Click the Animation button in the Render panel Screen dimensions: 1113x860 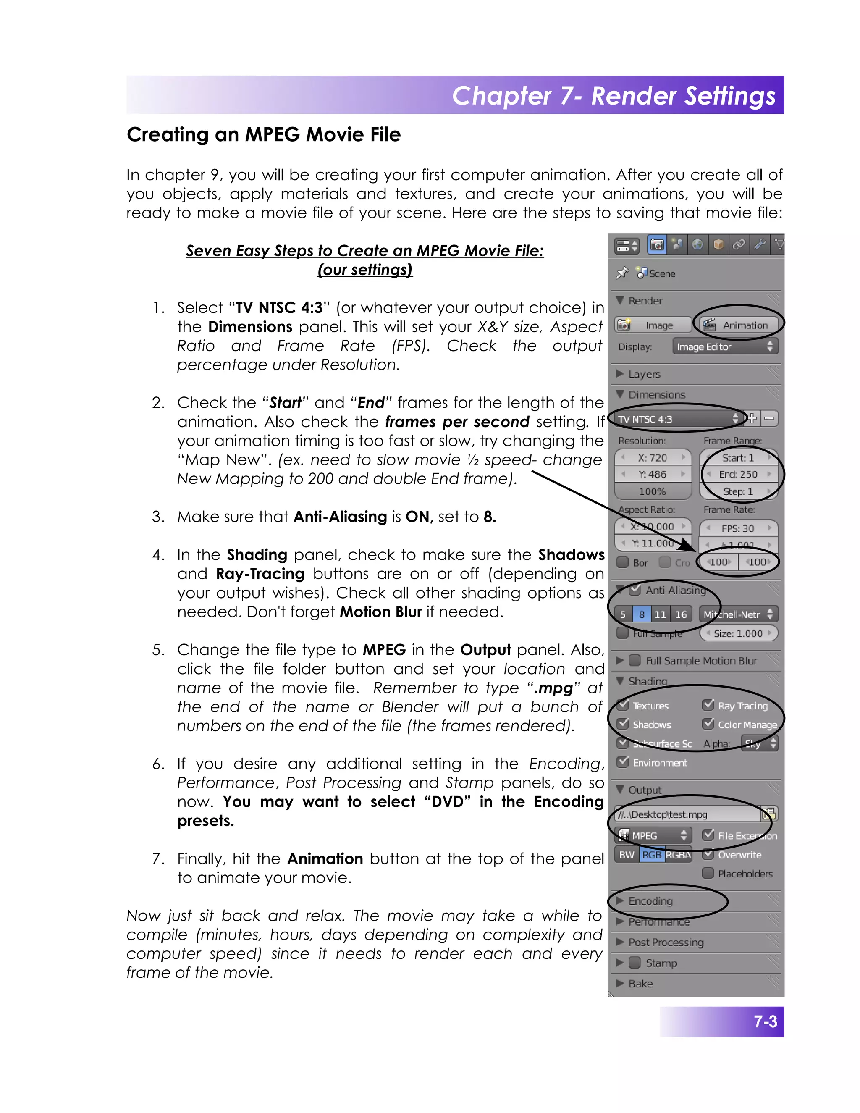[x=739, y=325]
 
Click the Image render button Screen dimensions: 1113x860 [x=653, y=325]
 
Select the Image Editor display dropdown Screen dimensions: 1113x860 [x=724, y=346]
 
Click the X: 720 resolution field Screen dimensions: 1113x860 [x=653, y=458]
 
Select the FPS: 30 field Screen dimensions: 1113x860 [x=738, y=528]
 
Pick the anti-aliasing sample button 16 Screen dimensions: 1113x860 [x=681, y=614]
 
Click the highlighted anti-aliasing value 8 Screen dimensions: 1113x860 [x=642, y=614]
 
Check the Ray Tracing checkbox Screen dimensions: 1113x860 [x=708, y=705]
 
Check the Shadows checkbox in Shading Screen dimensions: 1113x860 [x=623, y=724]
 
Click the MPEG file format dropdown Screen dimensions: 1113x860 [x=653, y=836]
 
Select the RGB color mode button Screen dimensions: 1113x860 [x=652, y=855]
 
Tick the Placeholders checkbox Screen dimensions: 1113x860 [x=708, y=873]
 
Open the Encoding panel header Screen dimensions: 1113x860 [x=650, y=901]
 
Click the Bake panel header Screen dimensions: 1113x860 [x=640, y=984]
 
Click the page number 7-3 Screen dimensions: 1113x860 [x=765, y=1022]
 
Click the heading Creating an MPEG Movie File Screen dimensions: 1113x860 [x=263, y=134]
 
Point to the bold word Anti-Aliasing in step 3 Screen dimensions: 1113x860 [x=340, y=517]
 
